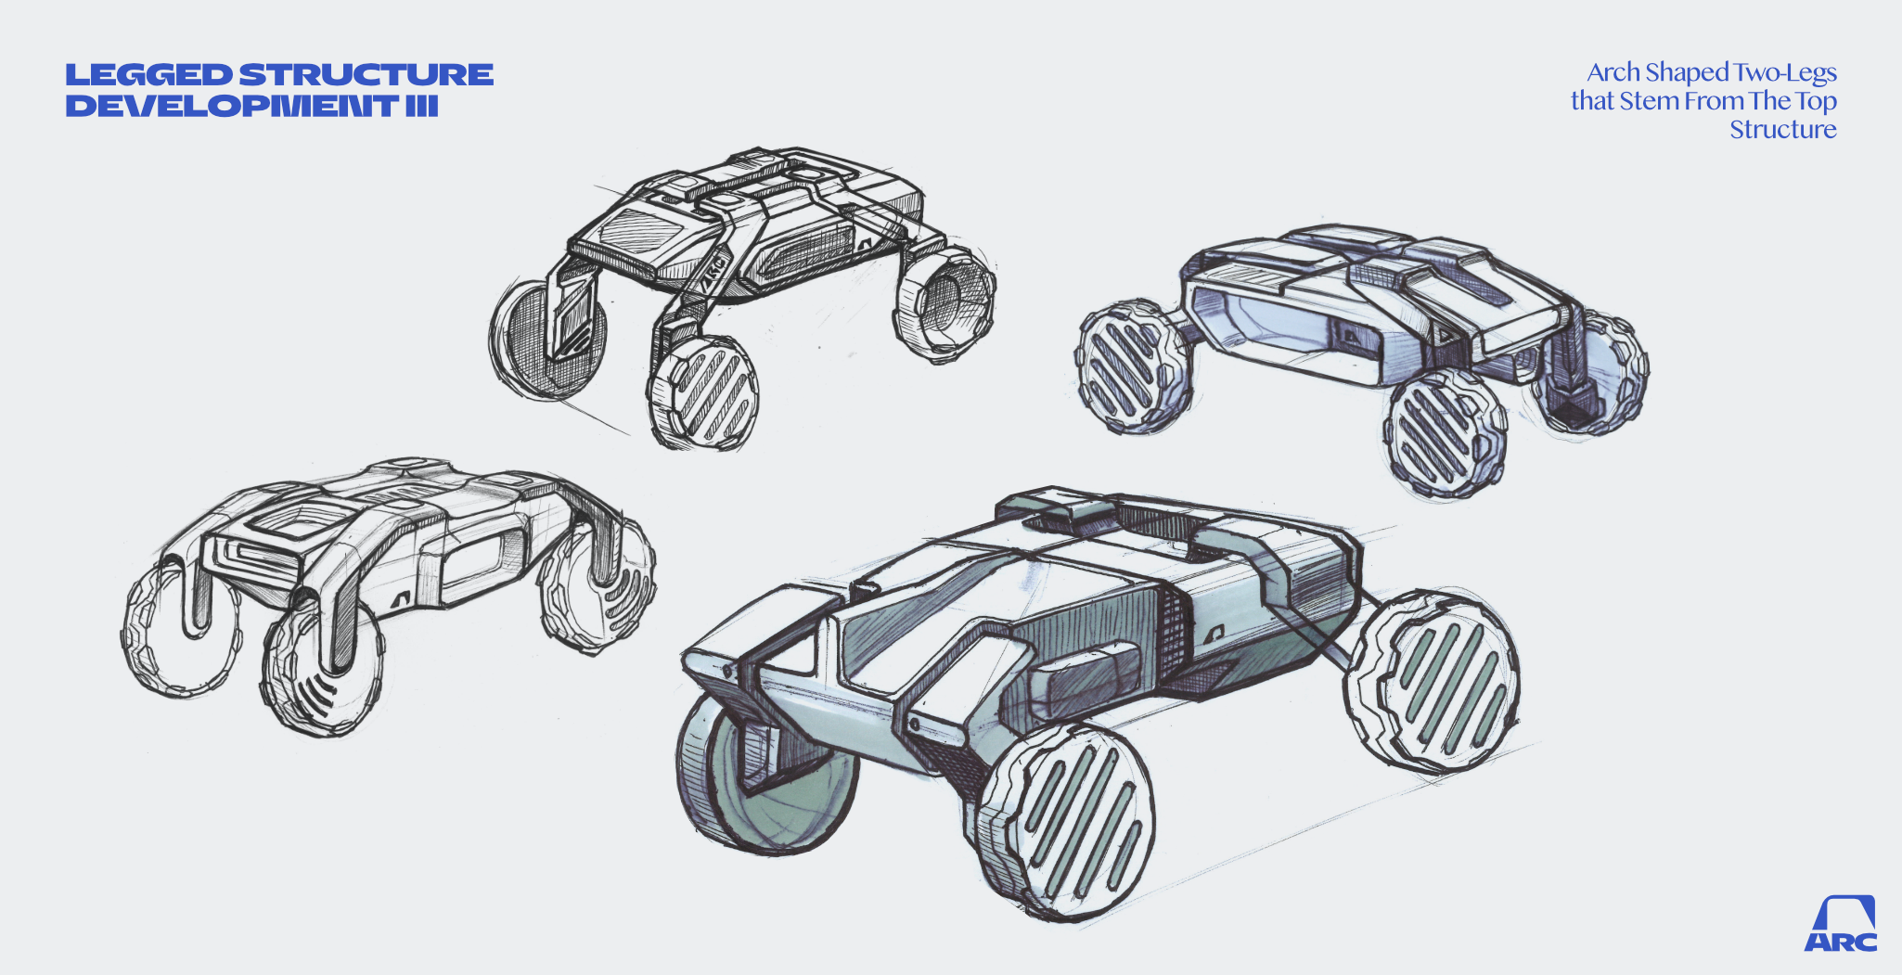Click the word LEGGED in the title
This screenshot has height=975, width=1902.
[x=148, y=75]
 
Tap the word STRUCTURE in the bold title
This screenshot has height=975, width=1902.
[x=366, y=75]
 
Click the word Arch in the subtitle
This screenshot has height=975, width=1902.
[x=1613, y=72]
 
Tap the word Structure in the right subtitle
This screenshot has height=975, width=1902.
[x=1783, y=129]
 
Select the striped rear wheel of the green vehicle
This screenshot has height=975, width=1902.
[x=1433, y=682]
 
